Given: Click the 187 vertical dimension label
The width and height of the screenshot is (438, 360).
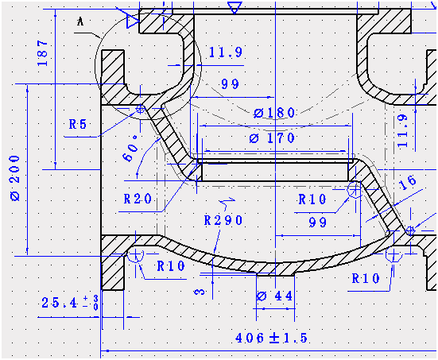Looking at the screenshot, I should click(x=43, y=52).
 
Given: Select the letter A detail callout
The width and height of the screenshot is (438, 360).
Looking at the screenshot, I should click(x=79, y=22).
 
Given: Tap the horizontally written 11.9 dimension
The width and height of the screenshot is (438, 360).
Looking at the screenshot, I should click(x=226, y=53).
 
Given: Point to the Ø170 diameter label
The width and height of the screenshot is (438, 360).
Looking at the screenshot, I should click(x=272, y=138).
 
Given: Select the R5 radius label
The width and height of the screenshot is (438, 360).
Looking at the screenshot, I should click(x=78, y=124).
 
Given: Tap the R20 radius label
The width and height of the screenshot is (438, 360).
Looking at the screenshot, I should click(x=138, y=198).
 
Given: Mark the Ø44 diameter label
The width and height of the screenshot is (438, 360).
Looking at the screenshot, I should click(x=273, y=296).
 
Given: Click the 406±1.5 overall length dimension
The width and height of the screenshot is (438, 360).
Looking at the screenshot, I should click(x=271, y=338).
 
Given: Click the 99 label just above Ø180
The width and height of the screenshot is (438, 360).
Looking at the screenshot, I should click(x=231, y=84).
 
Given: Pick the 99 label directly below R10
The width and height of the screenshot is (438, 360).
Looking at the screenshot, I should click(x=317, y=223).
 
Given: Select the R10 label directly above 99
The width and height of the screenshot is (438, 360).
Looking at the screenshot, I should click(x=312, y=198).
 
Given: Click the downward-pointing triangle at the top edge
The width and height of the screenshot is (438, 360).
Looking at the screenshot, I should click(x=234, y=7).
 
